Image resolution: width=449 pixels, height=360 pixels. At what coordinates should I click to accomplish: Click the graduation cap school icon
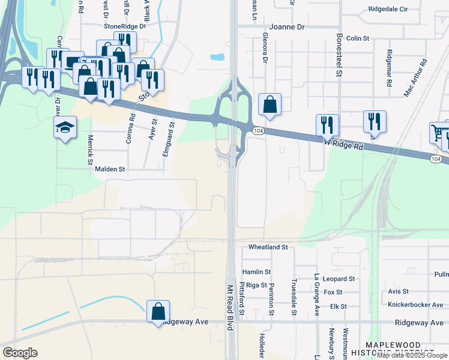(x=65, y=127)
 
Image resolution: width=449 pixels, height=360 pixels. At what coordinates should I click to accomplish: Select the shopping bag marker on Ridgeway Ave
(x=158, y=311)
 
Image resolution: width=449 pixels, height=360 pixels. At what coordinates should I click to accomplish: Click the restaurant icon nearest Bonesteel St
(x=327, y=124)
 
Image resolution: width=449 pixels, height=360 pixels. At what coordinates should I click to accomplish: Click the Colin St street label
(x=358, y=38)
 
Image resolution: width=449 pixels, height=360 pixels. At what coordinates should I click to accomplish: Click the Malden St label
(x=110, y=170)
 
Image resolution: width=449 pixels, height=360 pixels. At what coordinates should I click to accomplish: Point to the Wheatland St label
(x=268, y=247)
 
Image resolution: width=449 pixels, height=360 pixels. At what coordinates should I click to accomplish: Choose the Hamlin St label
(x=256, y=272)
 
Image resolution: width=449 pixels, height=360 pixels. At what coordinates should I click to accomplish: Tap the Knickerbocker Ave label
(x=415, y=305)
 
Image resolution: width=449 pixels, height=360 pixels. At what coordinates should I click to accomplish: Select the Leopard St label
(x=339, y=279)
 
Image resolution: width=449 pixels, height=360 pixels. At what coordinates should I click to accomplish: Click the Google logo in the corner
(x=20, y=353)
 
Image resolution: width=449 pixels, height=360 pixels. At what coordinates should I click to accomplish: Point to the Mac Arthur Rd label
(x=415, y=77)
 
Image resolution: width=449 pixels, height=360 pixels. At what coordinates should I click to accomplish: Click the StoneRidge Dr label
(x=125, y=26)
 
